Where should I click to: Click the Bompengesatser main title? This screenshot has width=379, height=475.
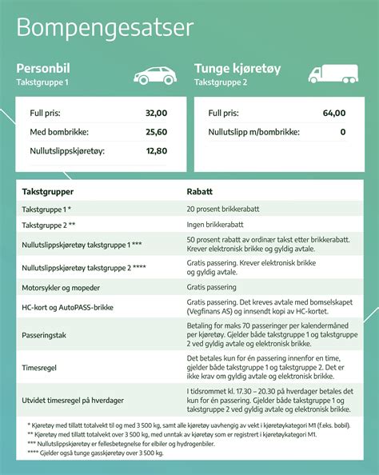105,28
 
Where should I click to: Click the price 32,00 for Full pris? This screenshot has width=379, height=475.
156,114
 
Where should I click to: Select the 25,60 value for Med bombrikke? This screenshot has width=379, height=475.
156,132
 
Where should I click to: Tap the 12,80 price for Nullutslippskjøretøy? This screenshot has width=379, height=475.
156,150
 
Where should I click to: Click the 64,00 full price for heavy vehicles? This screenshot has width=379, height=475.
334,114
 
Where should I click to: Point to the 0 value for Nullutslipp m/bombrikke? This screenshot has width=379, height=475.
342,132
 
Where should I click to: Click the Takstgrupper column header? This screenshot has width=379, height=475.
48,192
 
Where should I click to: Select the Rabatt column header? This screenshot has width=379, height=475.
199,192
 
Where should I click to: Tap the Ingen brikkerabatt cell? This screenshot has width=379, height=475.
216,226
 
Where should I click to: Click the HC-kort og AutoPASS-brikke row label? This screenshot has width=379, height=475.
69,306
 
